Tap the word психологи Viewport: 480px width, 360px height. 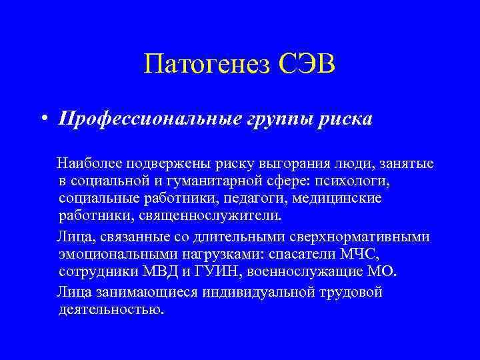(x=346, y=180)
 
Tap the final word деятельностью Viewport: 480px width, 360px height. (x=110, y=310)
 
